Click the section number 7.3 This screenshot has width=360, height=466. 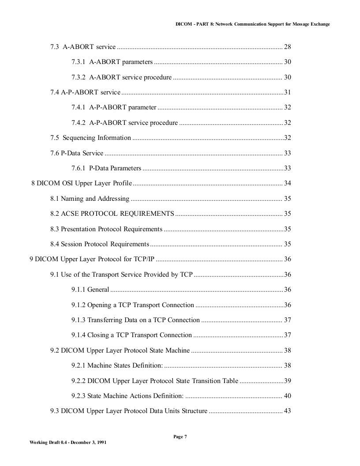tap(55, 47)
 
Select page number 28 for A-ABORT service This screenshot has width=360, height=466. tap(287, 47)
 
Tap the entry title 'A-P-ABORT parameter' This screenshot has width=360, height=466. tap(123, 107)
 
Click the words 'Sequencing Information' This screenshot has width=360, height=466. tap(97, 138)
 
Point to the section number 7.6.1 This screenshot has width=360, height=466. tap(78, 168)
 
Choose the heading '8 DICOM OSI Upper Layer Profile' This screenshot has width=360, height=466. tap(82, 183)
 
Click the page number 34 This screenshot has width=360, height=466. tap(287, 183)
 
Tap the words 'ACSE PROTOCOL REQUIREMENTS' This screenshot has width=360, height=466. tap(117, 214)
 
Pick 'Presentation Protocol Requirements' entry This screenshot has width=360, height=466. tap(112, 229)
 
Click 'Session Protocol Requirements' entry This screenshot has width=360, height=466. tap(105, 244)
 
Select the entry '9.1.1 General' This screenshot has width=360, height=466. tap(90, 289)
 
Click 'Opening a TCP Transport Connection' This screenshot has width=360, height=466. tap(141, 305)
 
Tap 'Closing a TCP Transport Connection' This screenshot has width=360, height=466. tap(139, 335)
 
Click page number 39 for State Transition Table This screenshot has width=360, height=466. tap(287, 381)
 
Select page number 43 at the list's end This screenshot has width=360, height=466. tap(287, 411)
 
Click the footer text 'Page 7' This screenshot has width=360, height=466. tap(180, 436)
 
